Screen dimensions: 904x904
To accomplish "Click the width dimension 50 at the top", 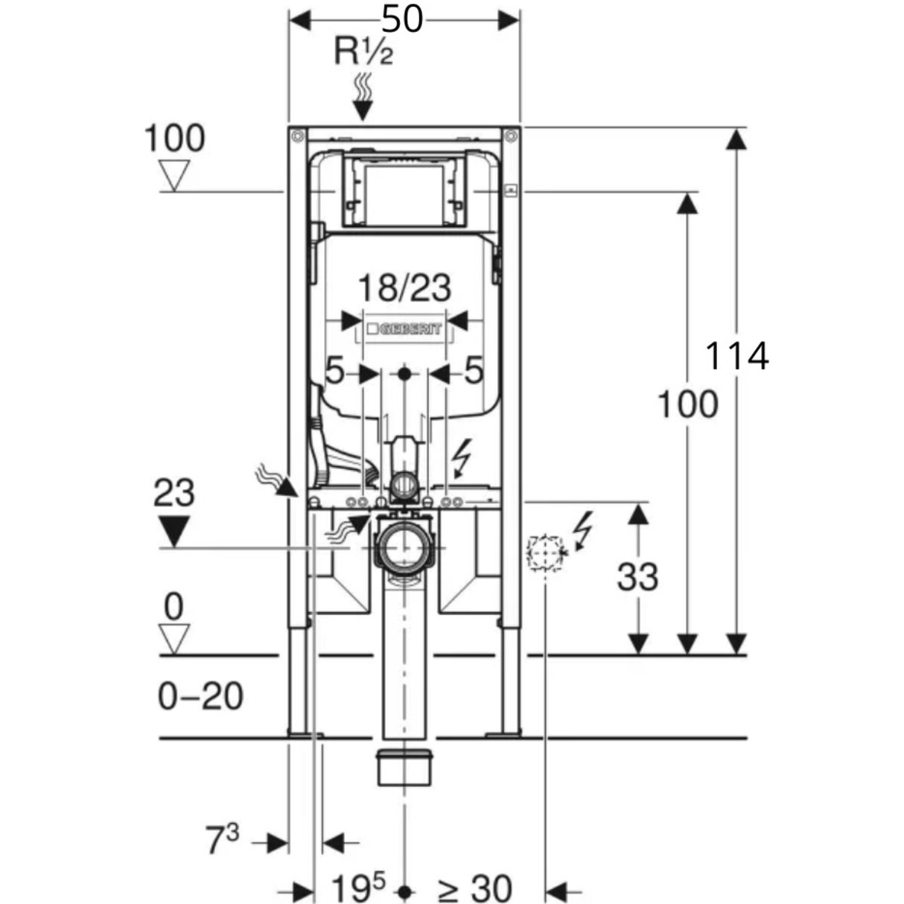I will [x=404, y=19].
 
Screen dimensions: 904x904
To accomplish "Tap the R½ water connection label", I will [x=363, y=52].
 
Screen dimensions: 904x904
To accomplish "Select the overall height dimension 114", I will [x=736, y=356].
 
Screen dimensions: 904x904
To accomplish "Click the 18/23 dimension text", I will [x=404, y=287].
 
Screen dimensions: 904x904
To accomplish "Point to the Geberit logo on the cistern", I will [x=404, y=329].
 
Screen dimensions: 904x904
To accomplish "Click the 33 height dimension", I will [x=637, y=576].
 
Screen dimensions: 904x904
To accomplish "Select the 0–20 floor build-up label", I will [x=200, y=697].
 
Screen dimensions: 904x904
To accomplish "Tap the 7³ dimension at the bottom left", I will [x=222, y=841].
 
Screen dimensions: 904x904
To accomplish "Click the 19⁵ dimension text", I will [x=359, y=888].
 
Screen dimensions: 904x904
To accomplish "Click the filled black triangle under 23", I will [x=174, y=532].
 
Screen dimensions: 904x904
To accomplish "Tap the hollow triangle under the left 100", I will [x=174, y=177].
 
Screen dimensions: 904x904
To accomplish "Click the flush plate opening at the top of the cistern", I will [x=404, y=191].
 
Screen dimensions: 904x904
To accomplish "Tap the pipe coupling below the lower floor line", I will [x=404, y=768].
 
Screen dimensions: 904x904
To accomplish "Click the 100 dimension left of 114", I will [x=687, y=405].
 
